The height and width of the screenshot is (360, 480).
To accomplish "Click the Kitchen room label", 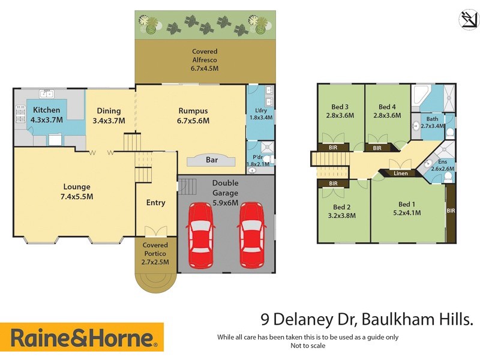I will pyautogui.click(x=46, y=110).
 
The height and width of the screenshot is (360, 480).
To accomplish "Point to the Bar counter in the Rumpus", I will pyautogui.click(x=211, y=160).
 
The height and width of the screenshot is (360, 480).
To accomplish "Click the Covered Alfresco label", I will pyautogui.click(x=205, y=52).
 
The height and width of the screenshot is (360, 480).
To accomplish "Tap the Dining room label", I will pyautogui.click(x=109, y=110).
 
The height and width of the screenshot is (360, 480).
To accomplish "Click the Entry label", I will pyautogui.click(x=156, y=202).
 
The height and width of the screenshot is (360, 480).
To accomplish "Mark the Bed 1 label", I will pyautogui.click(x=407, y=203).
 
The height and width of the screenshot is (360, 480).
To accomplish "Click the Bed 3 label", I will pyautogui.click(x=338, y=107).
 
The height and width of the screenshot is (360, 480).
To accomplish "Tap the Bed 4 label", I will pyautogui.click(x=387, y=107).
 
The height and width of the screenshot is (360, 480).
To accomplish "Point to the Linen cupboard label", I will pyautogui.click(x=400, y=174).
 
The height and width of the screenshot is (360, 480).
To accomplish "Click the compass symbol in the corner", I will pyautogui.click(x=468, y=19).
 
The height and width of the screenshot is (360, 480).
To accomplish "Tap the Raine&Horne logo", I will pyautogui.click(x=82, y=338).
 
